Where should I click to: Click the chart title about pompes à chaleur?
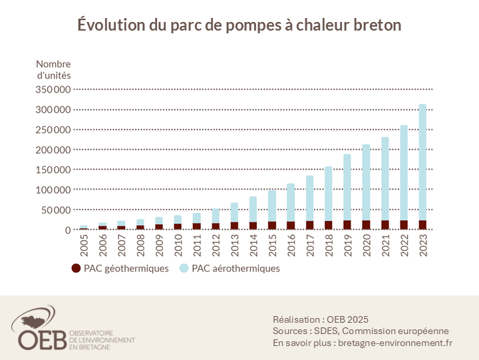click(x=239, y=25)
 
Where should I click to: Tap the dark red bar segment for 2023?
click(x=422, y=225)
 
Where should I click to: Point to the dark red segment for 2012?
click(x=215, y=226)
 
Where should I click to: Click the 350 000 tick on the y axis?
click(x=52, y=89)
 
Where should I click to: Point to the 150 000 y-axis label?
click(x=52, y=170)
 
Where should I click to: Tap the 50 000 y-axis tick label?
click(x=55, y=210)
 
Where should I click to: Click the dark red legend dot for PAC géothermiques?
click(x=76, y=269)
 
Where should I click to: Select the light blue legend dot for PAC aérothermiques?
click(x=184, y=269)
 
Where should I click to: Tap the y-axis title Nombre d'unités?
click(x=53, y=69)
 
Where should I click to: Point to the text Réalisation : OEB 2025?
click(x=321, y=319)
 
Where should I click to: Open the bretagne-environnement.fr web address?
click(x=395, y=343)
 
